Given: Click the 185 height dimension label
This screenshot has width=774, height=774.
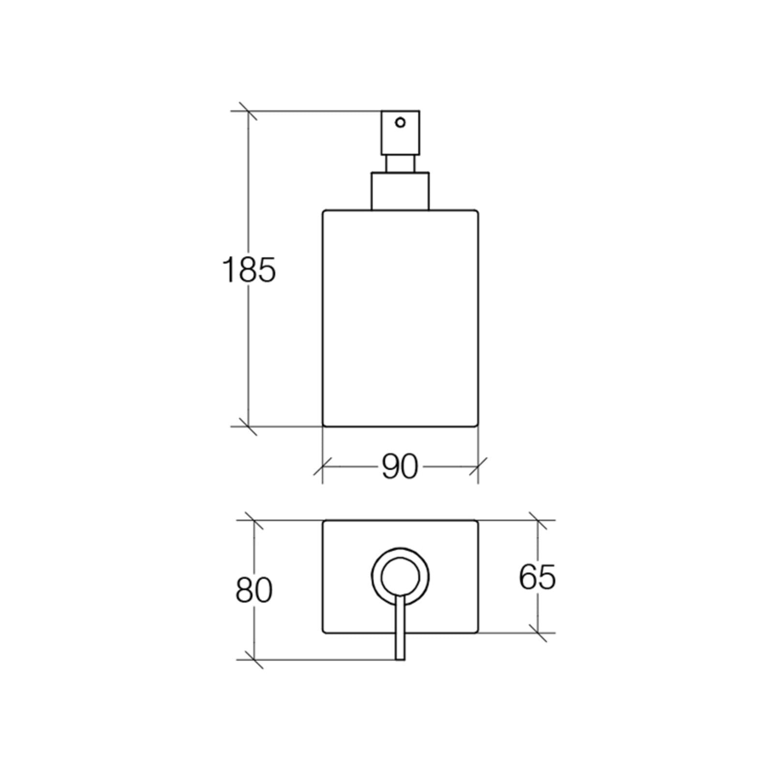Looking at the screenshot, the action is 249,270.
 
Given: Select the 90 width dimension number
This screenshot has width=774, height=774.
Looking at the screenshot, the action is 400,467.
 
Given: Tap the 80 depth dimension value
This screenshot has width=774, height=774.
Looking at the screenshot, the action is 254,590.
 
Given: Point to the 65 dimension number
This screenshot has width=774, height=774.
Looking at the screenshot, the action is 537,577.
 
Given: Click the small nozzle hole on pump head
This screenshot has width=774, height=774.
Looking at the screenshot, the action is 400,122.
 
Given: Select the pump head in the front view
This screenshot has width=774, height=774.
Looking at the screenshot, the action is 400,133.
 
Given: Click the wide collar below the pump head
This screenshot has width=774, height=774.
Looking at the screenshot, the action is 400,191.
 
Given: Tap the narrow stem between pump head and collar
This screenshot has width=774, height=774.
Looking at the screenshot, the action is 400,164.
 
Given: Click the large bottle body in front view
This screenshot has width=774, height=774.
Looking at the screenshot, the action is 400,318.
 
